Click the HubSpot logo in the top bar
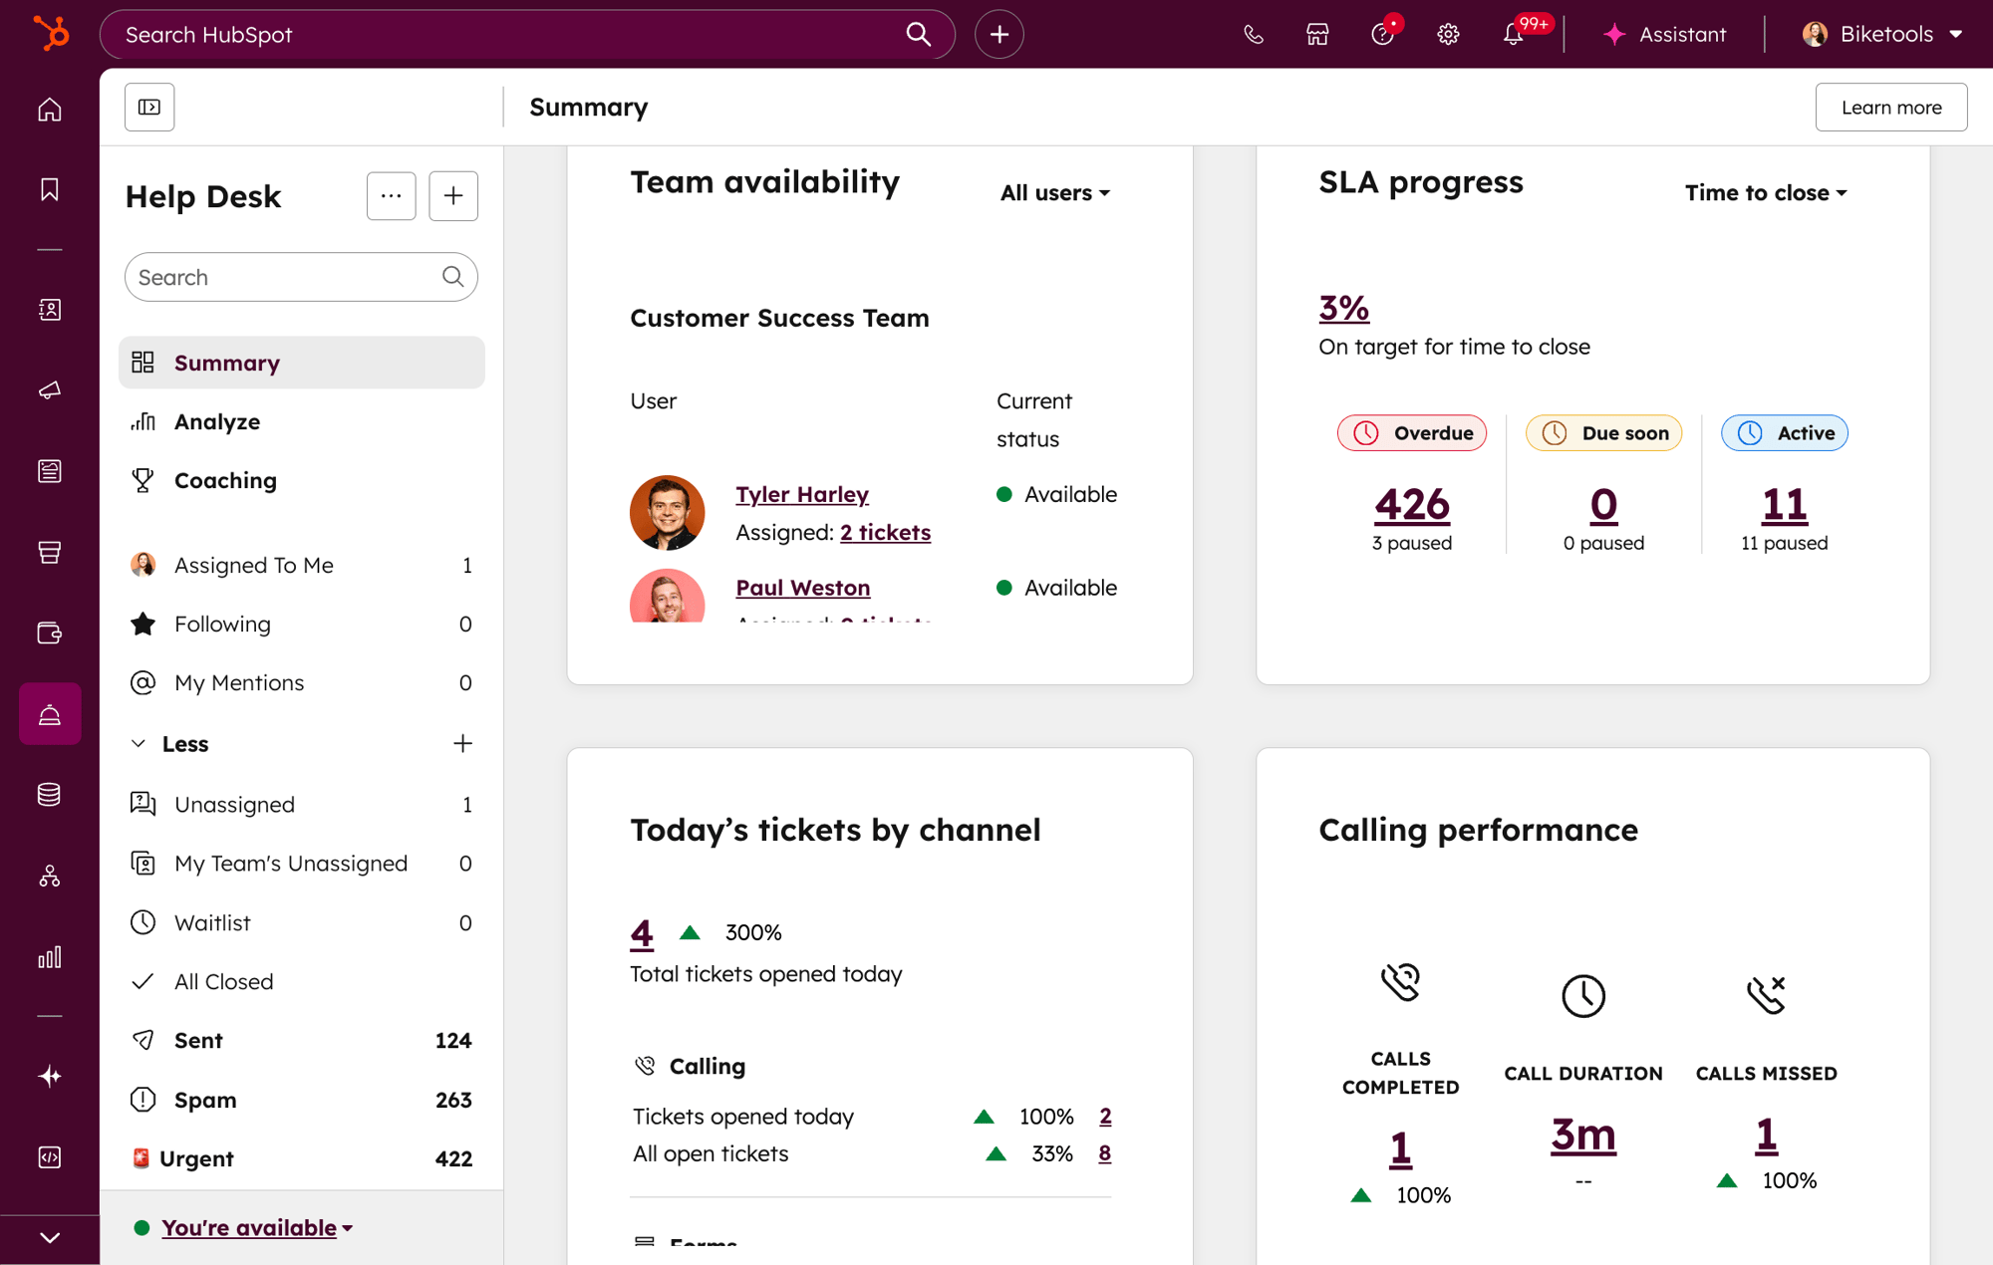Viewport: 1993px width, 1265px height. pyautogui.click(x=51, y=34)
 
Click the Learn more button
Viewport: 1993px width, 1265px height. pyautogui.click(x=1890, y=107)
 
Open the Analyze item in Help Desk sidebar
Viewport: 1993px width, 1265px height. pyautogui.click(x=216, y=421)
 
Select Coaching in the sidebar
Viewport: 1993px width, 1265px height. pyautogui.click(x=224, y=480)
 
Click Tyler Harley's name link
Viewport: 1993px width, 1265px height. pyautogui.click(x=802, y=494)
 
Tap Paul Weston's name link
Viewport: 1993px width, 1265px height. pyautogui.click(x=802, y=588)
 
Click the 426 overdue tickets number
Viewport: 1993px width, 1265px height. pyautogui.click(x=1411, y=505)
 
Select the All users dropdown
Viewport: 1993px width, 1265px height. pyautogui.click(x=1054, y=192)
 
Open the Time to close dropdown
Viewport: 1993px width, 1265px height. pyautogui.click(x=1765, y=192)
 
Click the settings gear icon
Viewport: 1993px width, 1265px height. pyautogui.click(x=1448, y=34)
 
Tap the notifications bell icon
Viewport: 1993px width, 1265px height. pyautogui.click(x=1513, y=34)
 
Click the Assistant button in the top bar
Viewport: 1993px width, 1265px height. pyautogui.click(x=1664, y=34)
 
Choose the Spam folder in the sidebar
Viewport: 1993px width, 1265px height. pyautogui.click(x=204, y=1100)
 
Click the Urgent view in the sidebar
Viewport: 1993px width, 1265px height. pyautogui.click(x=196, y=1158)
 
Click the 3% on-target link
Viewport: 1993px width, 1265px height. pyautogui.click(x=1343, y=308)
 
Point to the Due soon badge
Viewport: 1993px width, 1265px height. pyautogui.click(x=1603, y=432)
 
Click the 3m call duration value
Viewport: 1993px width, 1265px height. pyautogui.click(x=1582, y=1135)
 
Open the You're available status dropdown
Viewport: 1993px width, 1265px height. pyautogui.click(x=256, y=1227)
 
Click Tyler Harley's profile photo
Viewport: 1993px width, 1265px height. pyautogui.click(x=667, y=513)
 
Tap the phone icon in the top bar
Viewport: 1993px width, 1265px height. pyautogui.click(x=1253, y=34)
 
